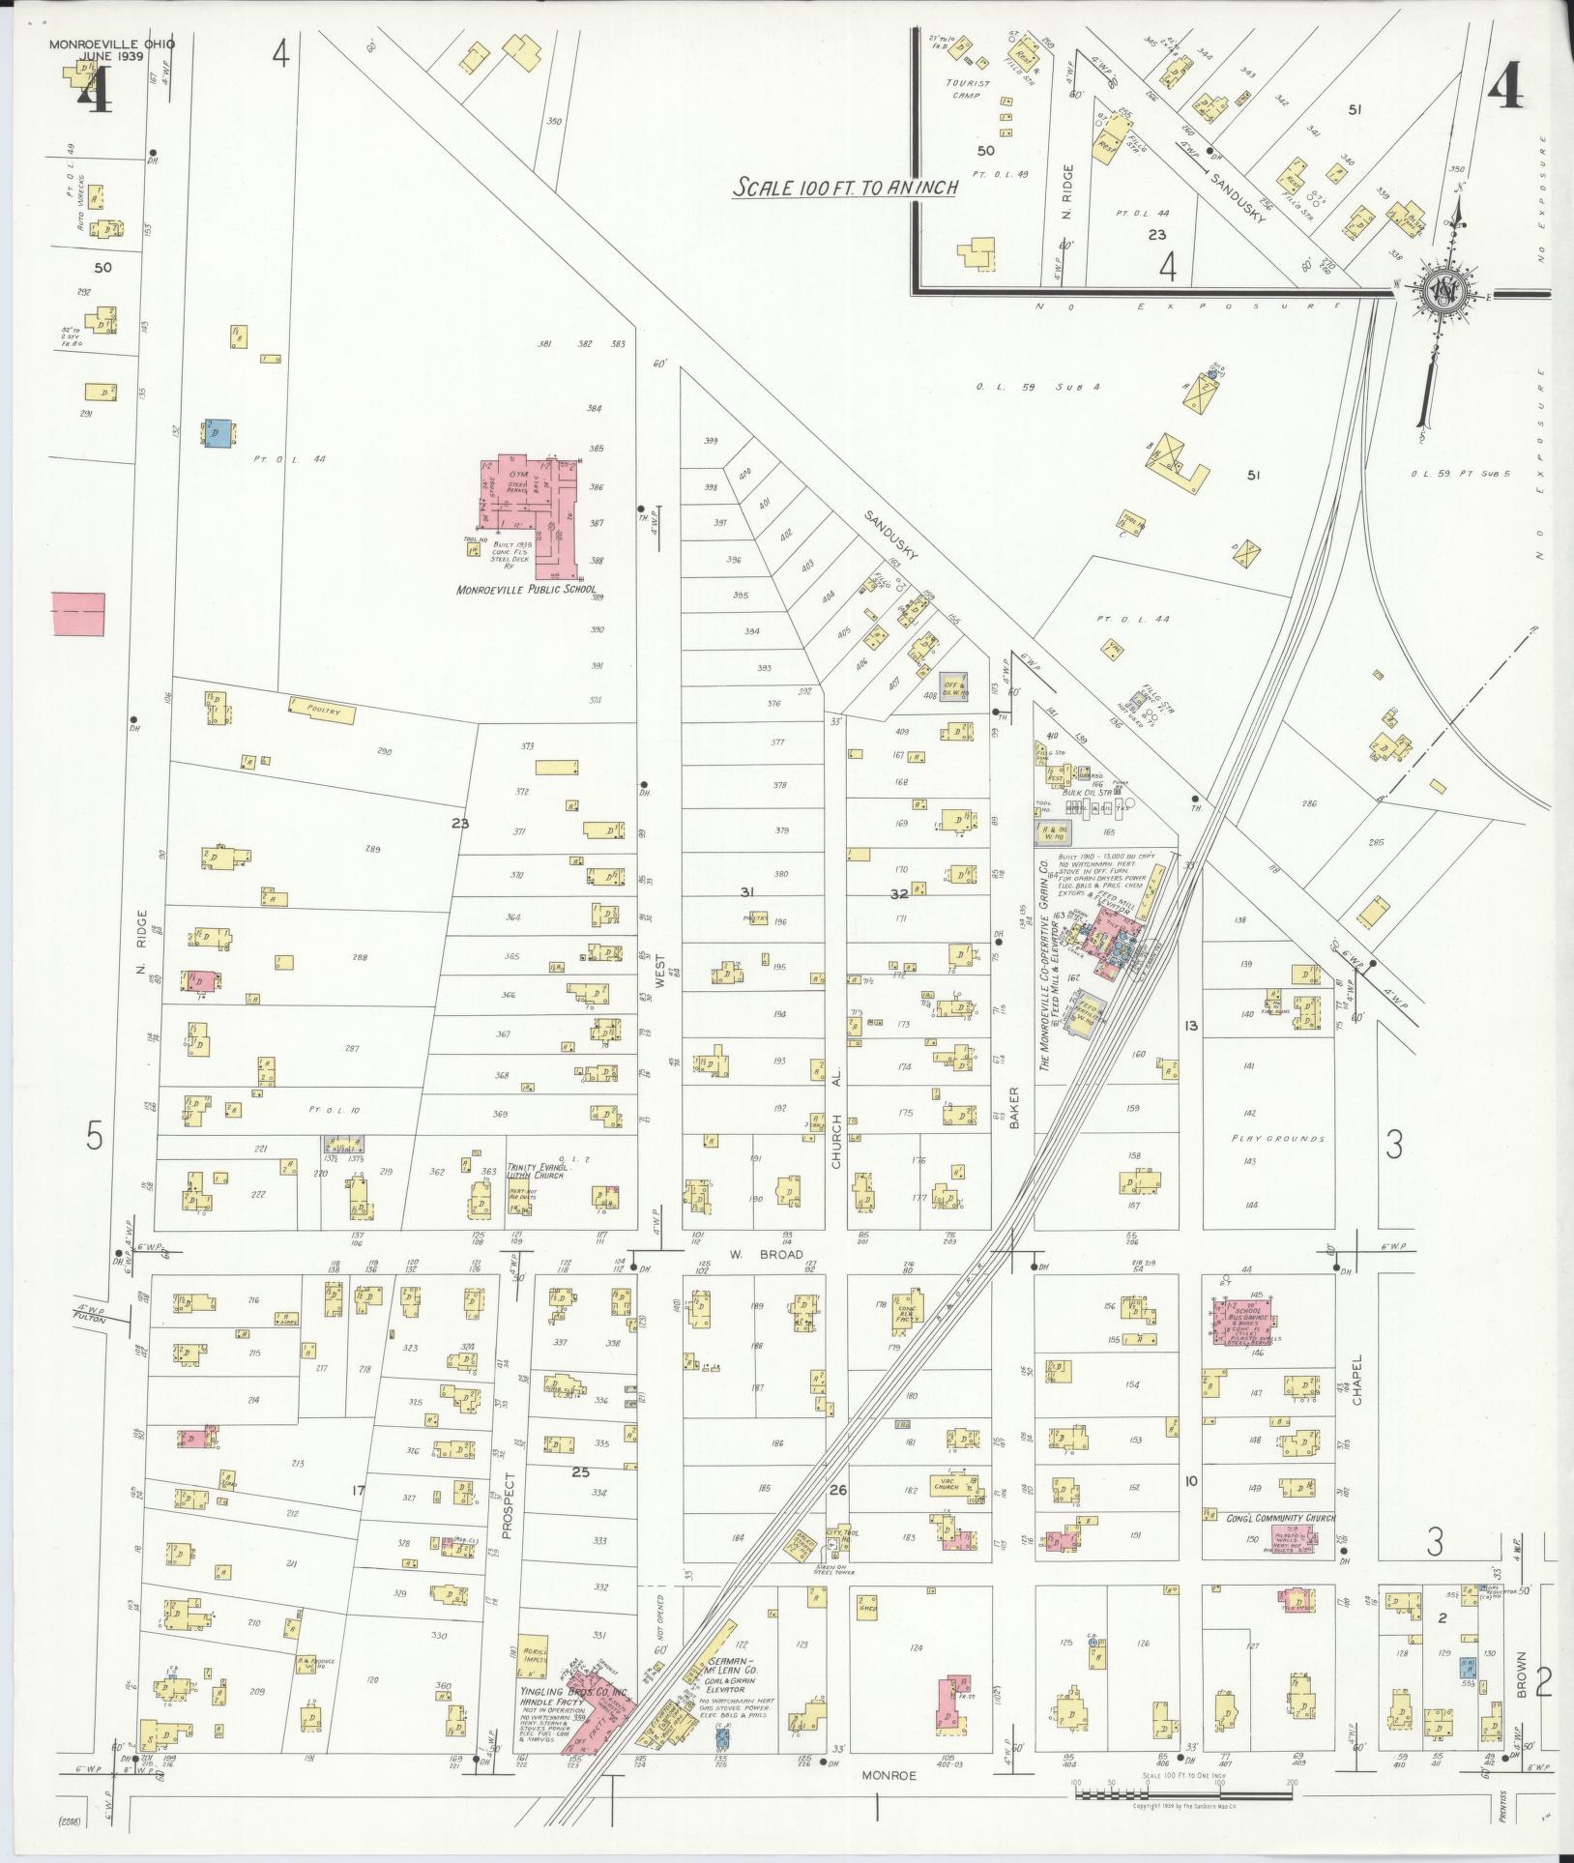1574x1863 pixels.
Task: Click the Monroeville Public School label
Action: coord(527,589)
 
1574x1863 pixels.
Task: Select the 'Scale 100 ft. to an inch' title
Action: coord(844,187)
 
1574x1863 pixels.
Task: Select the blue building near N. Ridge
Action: coord(218,432)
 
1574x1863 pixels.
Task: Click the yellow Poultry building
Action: coord(321,709)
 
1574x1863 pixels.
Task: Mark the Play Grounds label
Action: coord(1277,1138)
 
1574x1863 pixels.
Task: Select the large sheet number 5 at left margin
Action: coord(93,1137)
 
